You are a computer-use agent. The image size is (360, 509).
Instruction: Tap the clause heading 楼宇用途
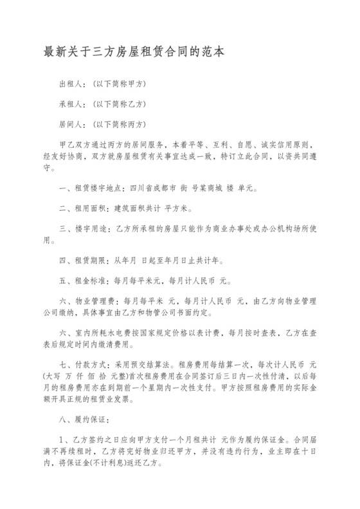click(91, 228)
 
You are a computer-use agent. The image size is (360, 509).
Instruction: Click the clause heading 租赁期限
click(91, 262)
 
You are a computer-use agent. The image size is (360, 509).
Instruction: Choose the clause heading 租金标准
click(91, 281)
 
